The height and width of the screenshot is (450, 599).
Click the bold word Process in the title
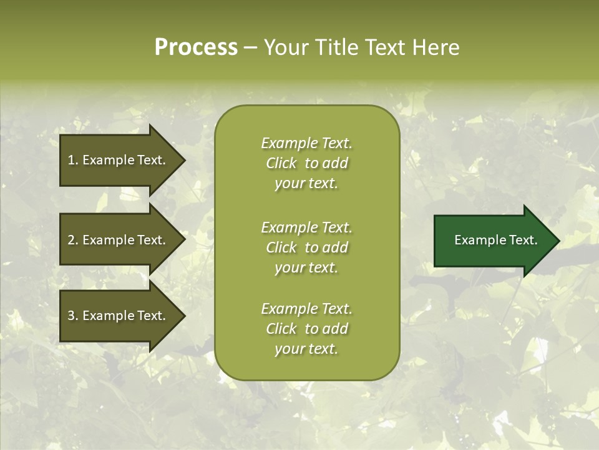[196, 47]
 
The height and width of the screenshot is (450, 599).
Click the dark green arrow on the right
[493, 240]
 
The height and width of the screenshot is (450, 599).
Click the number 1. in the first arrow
[72, 160]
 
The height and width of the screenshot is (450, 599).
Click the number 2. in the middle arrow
[72, 240]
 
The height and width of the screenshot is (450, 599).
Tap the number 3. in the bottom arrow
[72, 316]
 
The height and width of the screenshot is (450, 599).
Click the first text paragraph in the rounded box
[306, 163]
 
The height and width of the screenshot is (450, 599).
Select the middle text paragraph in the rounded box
[306, 247]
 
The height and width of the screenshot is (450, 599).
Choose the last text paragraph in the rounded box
[306, 329]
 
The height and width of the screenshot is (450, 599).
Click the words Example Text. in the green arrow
[495, 240]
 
